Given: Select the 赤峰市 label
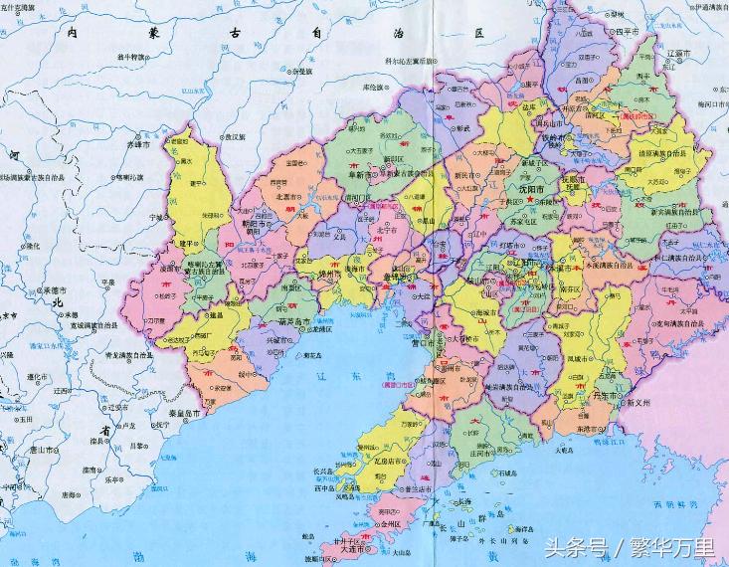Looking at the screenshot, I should [137, 144].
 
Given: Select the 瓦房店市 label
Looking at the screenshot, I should [388, 462].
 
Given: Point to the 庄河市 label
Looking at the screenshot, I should [486, 454].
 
